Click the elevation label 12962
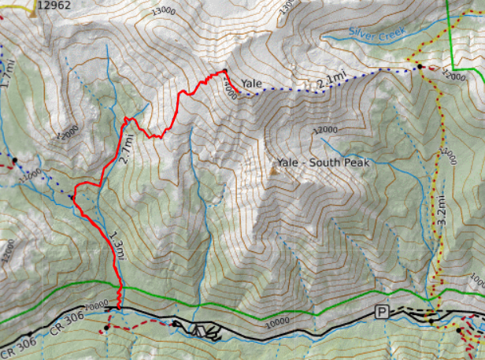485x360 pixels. pos(54,5)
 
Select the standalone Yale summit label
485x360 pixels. pos(252,83)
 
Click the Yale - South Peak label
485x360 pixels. pos(324,163)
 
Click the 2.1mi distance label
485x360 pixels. pos(331,80)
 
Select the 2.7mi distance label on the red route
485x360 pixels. pos(124,147)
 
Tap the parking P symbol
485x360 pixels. pos(382,311)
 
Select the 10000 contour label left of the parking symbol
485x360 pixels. pos(280,321)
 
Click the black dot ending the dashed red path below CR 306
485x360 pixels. pos(106,326)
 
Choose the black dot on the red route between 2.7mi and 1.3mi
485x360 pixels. pos(73,196)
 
